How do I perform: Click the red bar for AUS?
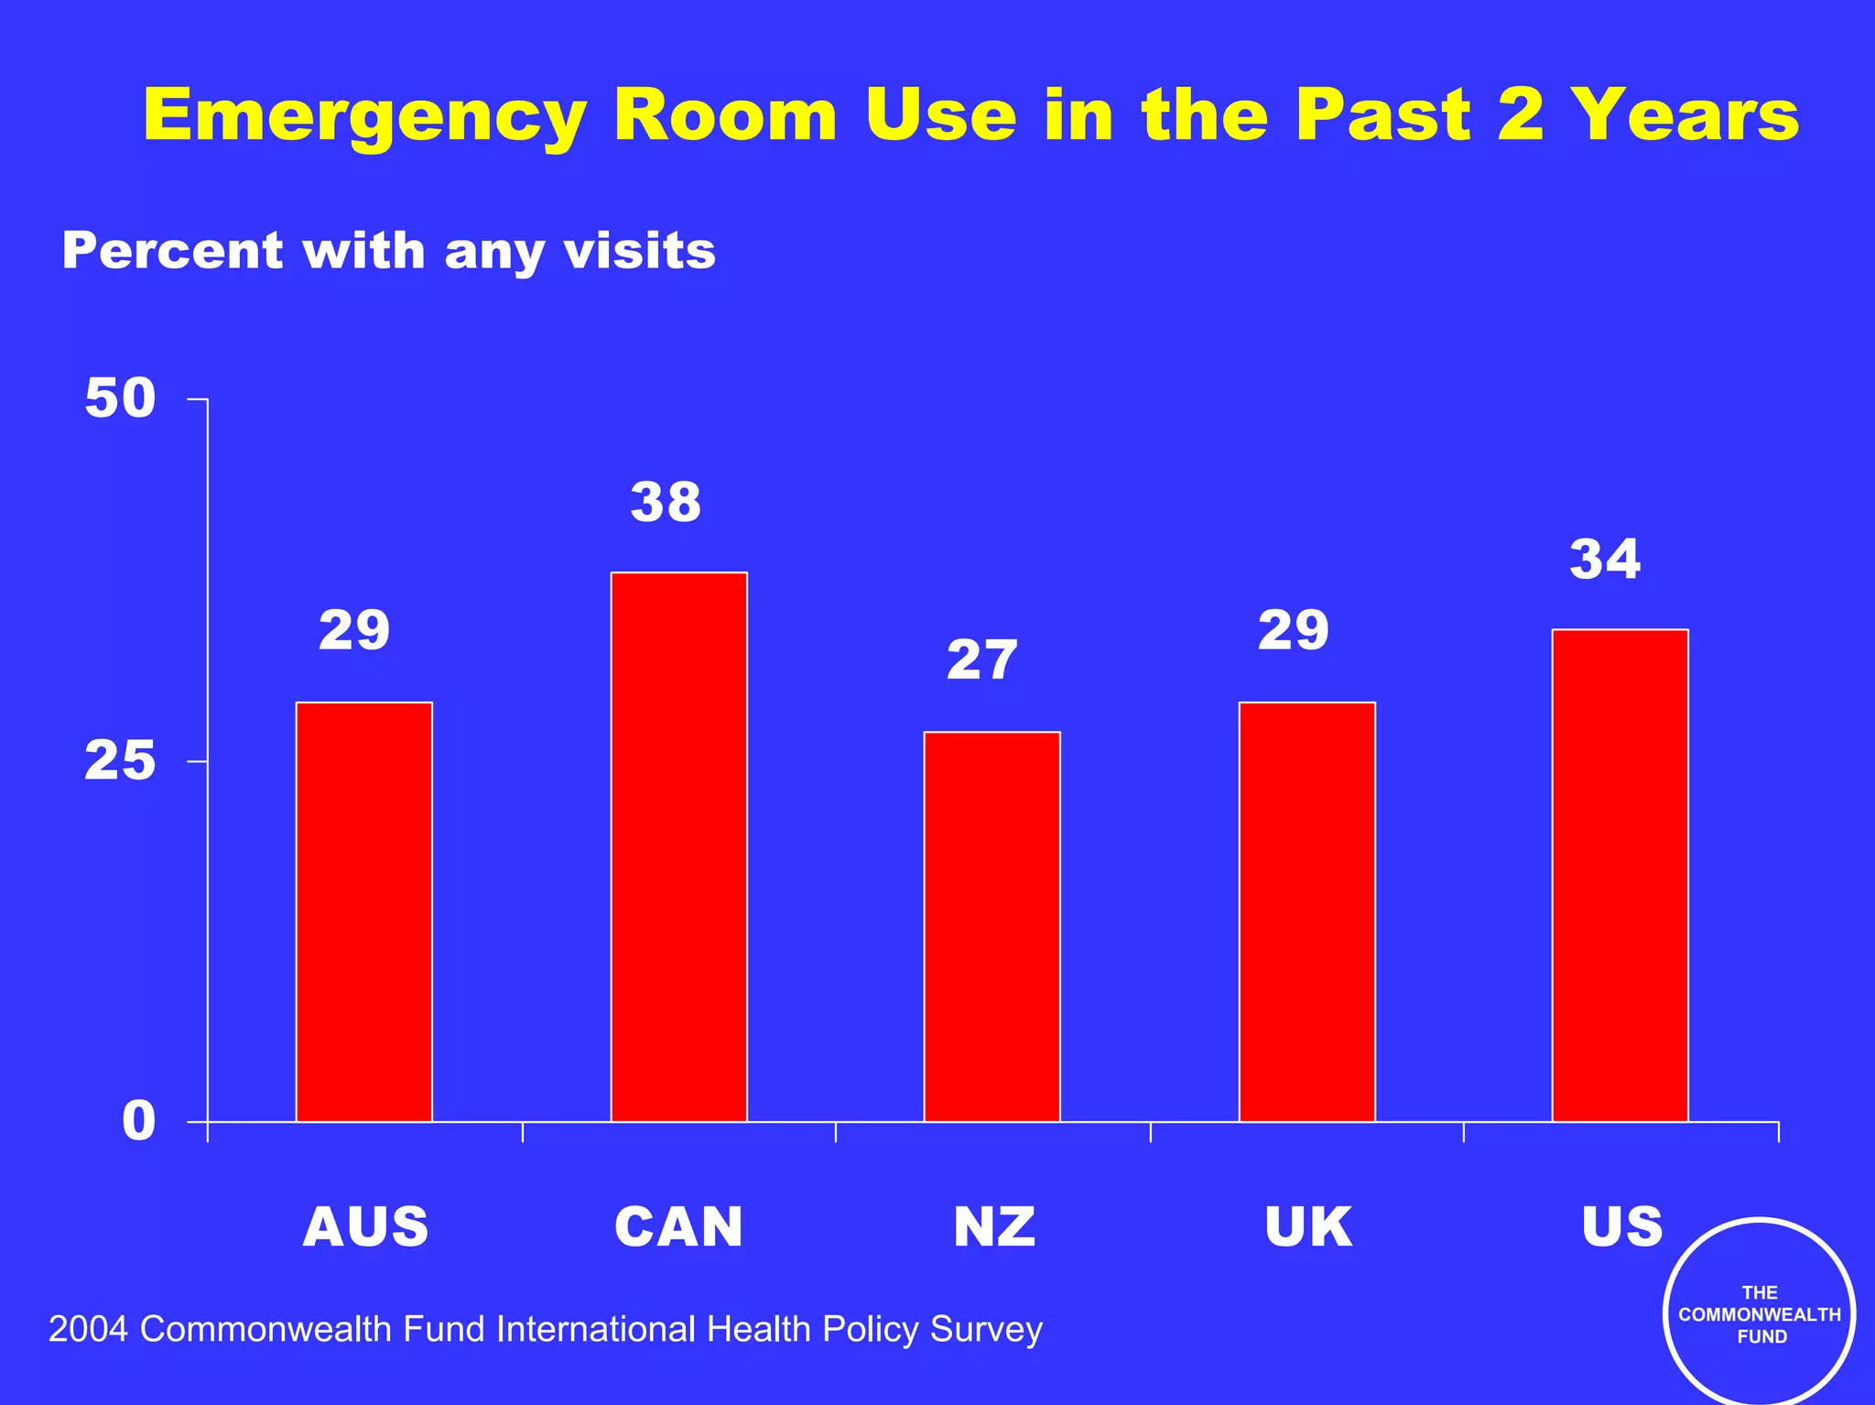tap(363, 911)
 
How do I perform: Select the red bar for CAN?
tap(678, 846)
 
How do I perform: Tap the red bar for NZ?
tap(992, 926)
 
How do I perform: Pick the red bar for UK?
tap(1306, 911)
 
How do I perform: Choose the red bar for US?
tap(1620, 875)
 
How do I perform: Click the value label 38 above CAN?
tap(666, 503)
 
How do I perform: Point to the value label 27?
tap(981, 660)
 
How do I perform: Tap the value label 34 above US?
tap(1605, 560)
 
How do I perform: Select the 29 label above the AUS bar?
tap(354, 631)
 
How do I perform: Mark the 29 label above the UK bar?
tap(1293, 631)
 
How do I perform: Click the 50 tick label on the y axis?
tap(120, 398)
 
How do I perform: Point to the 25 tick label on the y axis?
tap(120, 761)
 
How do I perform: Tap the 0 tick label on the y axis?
tap(138, 1121)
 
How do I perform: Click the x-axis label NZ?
tap(994, 1227)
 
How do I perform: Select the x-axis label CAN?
tap(678, 1227)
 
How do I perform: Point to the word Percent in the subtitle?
tap(172, 251)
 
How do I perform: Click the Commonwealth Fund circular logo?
tap(1759, 1313)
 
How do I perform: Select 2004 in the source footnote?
tap(88, 1329)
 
